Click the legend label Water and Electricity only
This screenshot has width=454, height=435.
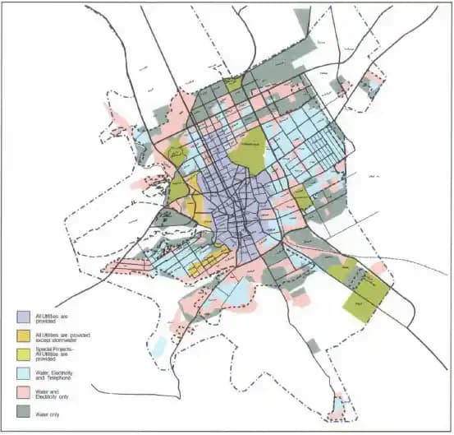[x=53, y=391]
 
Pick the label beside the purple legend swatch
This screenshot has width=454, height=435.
[x=52, y=318]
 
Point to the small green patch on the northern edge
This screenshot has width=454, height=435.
[x=233, y=82]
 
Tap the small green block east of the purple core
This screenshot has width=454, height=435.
[x=300, y=197]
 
